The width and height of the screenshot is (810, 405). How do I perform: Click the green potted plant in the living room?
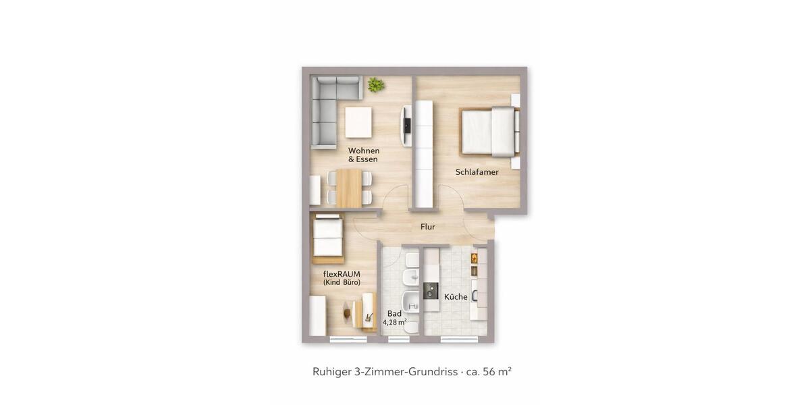pyautogui.click(x=375, y=84)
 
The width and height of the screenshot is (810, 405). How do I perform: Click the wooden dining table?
pyautogui.click(x=349, y=188)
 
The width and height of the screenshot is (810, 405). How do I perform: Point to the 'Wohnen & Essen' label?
pyautogui.click(x=363, y=155)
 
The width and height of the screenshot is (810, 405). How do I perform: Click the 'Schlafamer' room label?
pyautogui.click(x=477, y=172)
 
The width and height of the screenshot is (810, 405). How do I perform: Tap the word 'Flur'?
pyautogui.click(x=427, y=227)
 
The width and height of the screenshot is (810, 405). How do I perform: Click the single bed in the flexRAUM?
pyautogui.click(x=328, y=238)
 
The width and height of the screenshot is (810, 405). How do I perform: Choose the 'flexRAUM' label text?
pyautogui.click(x=342, y=273)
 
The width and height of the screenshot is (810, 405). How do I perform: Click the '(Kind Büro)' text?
pyautogui.click(x=342, y=282)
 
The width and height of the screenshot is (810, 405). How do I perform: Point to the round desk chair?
pyautogui.click(x=350, y=313)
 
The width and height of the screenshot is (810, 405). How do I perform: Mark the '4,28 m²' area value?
pyautogui.click(x=394, y=323)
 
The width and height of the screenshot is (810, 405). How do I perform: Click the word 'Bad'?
pyautogui.click(x=394, y=314)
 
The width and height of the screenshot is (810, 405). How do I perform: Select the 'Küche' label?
pyautogui.click(x=456, y=297)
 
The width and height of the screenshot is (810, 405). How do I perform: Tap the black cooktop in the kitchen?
pyautogui.click(x=430, y=292)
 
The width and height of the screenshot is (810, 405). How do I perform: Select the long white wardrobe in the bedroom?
pyautogui.click(x=423, y=154)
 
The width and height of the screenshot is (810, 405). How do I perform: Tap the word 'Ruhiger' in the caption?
pyautogui.click(x=331, y=371)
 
